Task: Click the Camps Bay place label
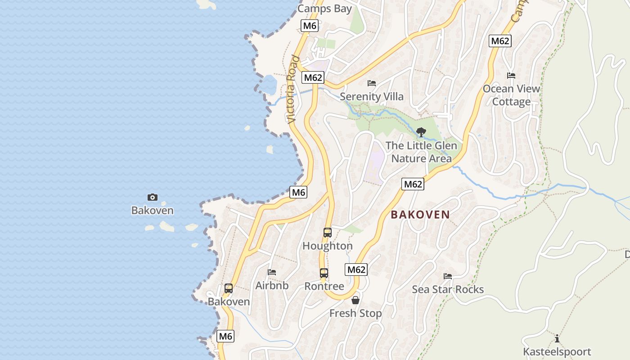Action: (x=324, y=9)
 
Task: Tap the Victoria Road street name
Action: (x=293, y=90)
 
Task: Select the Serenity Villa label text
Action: (x=372, y=96)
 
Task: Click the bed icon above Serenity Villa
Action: (x=372, y=83)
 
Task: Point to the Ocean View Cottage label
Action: (x=511, y=95)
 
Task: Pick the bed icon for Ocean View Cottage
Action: (x=511, y=76)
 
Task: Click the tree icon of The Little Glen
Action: (x=421, y=132)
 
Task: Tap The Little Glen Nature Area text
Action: (x=421, y=152)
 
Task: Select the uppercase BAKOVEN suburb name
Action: (x=420, y=215)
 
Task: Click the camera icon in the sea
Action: (x=153, y=197)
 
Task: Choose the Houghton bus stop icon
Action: (x=328, y=233)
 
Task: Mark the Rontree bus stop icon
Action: (x=324, y=273)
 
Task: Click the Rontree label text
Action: (x=324, y=286)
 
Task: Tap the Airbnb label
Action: (x=272, y=285)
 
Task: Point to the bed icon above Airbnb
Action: (x=272, y=272)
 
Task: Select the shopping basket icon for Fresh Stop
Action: (x=355, y=300)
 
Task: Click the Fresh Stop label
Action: (x=355, y=313)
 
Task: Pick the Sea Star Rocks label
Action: (x=448, y=289)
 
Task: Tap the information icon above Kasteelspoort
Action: (x=557, y=338)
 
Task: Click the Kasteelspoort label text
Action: (x=557, y=351)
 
